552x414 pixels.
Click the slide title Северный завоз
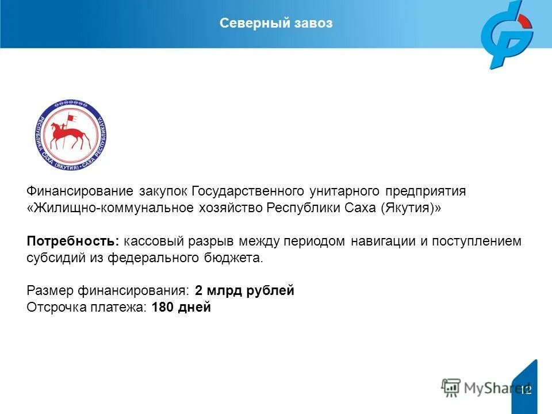click(x=276, y=23)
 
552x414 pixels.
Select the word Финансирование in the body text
click(x=79, y=191)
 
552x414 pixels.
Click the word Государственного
click(x=247, y=191)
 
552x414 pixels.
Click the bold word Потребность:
click(x=73, y=241)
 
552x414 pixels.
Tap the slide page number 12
click(x=526, y=390)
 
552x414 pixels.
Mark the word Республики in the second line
click(x=296, y=208)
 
